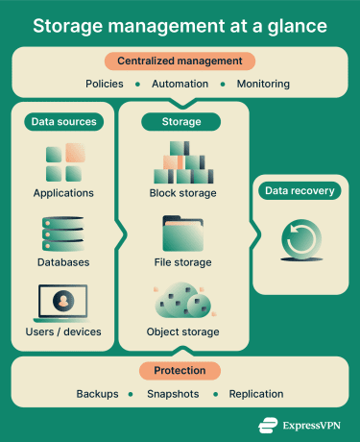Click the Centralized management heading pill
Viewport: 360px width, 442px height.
[180, 61]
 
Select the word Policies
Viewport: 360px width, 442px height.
[105, 84]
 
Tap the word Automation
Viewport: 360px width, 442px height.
[180, 84]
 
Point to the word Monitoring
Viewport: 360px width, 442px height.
[262, 84]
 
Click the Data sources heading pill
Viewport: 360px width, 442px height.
[63, 122]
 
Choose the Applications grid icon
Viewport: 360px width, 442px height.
[63, 162]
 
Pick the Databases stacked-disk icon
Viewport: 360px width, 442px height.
[63, 233]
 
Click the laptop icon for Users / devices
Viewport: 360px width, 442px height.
[62, 303]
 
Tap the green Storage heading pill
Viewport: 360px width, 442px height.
[182, 122]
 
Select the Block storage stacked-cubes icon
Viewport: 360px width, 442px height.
[182, 162]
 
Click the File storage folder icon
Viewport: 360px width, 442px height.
[182, 233]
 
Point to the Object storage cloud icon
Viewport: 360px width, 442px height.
[182, 302]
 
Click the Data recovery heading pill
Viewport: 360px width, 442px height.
[299, 191]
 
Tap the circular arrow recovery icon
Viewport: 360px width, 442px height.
[299, 240]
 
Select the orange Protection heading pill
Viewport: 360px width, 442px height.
[180, 371]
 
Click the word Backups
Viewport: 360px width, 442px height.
[97, 394]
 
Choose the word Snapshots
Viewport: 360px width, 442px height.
[174, 394]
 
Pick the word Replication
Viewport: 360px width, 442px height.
[255, 394]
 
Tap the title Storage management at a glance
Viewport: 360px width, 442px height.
[180, 25]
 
